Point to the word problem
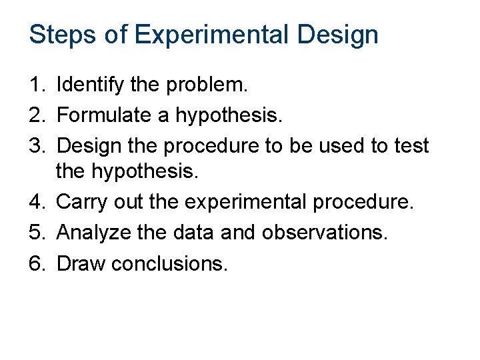[x=206, y=85]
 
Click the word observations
[x=325, y=233]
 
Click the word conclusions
[x=169, y=263]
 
